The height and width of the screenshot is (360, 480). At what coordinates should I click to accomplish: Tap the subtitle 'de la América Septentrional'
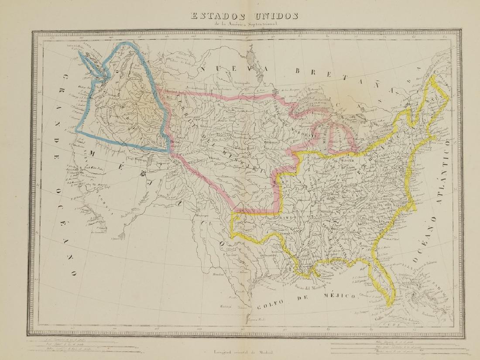[x=243, y=25]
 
